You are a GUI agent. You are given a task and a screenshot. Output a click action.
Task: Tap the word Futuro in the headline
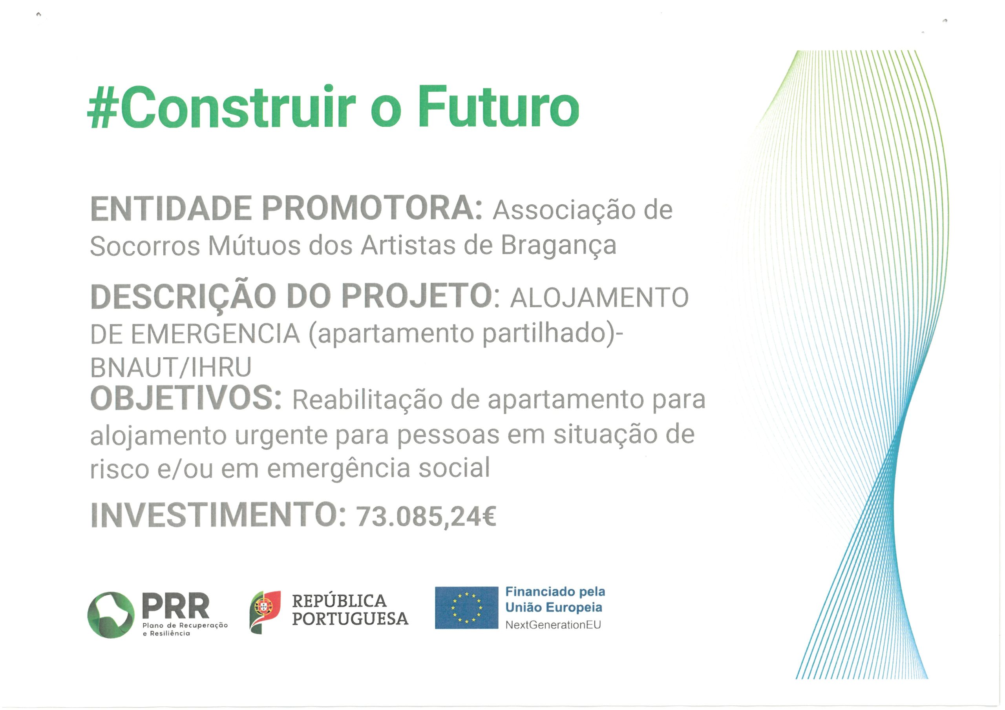pyautogui.click(x=499, y=106)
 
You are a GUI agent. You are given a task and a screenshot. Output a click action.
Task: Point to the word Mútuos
pyautogui.click(x=254, y=245)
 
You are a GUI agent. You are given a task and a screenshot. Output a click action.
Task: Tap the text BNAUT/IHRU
pyautogui.click(x=171, y=367)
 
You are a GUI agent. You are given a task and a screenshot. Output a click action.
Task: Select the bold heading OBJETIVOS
pyautogui.click(x=186, y=398)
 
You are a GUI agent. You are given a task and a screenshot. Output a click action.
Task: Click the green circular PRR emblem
pyautogui.click(x=111, y=615)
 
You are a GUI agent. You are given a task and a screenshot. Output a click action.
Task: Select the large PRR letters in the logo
pyautogui.click(x=176, y=606)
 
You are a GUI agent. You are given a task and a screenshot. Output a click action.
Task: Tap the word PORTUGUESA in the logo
pyautogui.click(x=350, y=619)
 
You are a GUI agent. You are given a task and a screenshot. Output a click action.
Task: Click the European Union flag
pyautogui.click(x=467, y=608)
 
